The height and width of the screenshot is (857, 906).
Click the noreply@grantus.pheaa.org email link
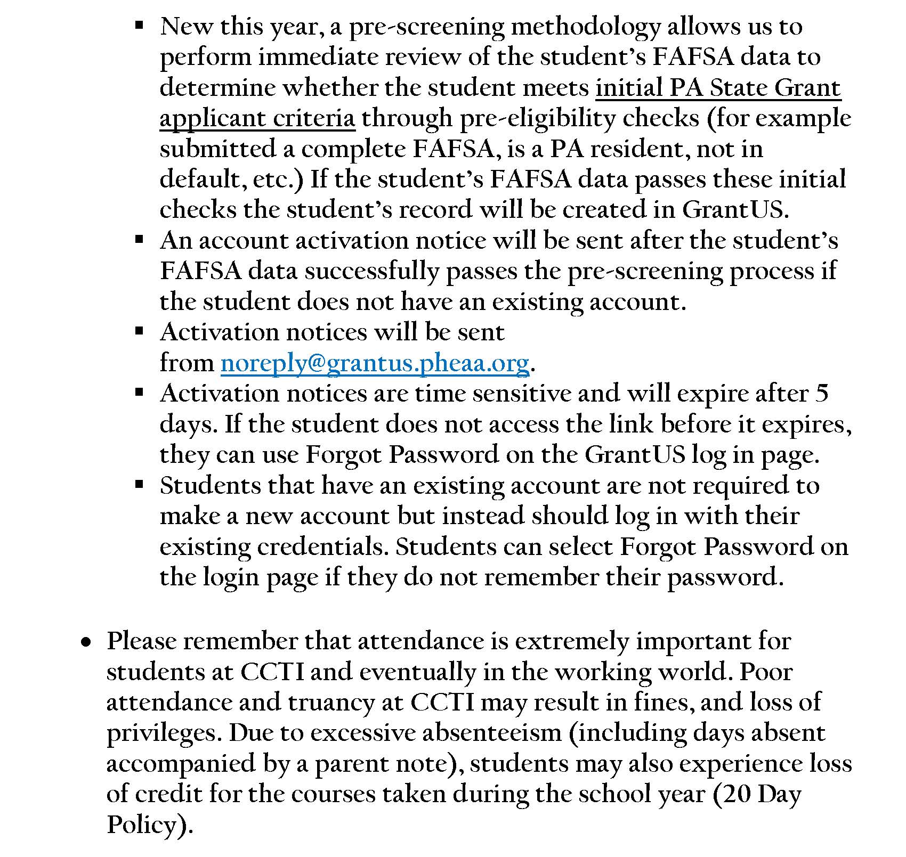tap(375, 363)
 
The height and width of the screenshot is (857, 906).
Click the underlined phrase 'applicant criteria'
tap(257, 118)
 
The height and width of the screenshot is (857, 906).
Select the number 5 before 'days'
tap(821, 393)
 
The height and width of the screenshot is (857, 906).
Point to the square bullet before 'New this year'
tap(140, 25)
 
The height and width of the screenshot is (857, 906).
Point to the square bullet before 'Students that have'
tap(140, 484)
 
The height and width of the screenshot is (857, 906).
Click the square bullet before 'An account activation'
tap(140, 239)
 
